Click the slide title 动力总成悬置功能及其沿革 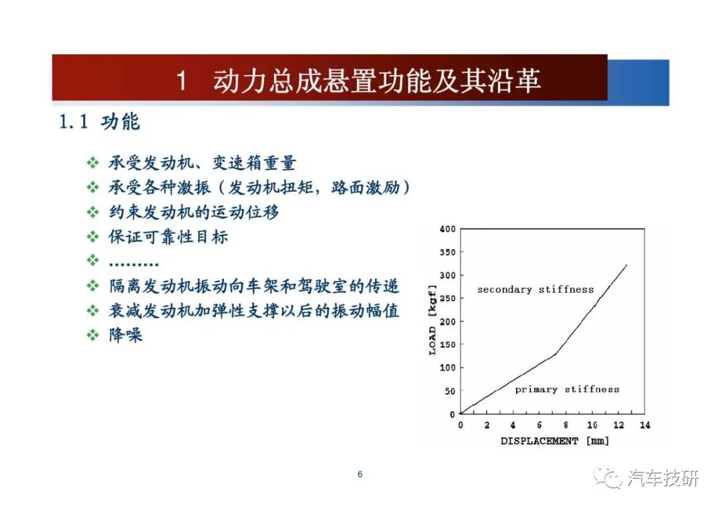click(x=376, y=81)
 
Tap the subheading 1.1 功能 click(x=99, y=122)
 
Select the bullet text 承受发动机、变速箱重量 click(x=202, y=163)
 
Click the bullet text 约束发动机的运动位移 click(x=193, y=212)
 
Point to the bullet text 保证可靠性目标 click(x=168, y=237)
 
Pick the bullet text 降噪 click(x=126, y=335)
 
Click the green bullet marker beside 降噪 click(x=92, y=335)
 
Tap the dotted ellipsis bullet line click(x=134, y=264)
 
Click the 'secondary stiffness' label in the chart click(x=535, y=289)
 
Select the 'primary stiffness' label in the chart click(x=567, y=390)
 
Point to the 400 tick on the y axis click(x=447, y=229)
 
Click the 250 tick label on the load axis click(x=447, y=298)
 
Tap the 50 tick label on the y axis click(x=450, y=391)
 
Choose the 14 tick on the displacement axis click(x=644, y=425)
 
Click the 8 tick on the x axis click(x=566, y=425)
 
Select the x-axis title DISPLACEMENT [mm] click(x=555, y=441)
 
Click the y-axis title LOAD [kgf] click(x=432, y=320)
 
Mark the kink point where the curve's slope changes click(x=556, y=354)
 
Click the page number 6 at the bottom click(x=360, y=474)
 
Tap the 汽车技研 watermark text click(x=664, y=478)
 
